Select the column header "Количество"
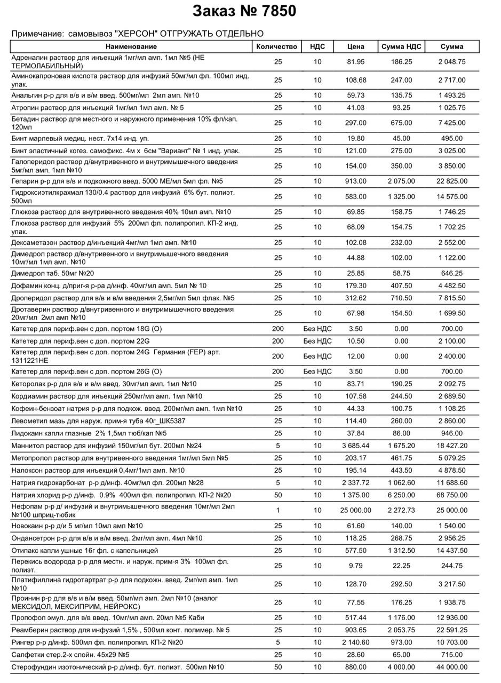point(276,46)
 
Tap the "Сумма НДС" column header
point(401,46)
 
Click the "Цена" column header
point(355,46)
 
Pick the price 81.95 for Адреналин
point(355,62)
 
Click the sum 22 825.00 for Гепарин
point(452,181)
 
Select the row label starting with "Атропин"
point(98,108)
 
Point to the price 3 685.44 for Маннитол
point(355,446)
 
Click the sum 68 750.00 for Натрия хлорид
point(452,495)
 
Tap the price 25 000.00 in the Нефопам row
point(355,511)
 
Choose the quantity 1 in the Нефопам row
point(278,511)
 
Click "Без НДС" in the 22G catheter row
point(317,341)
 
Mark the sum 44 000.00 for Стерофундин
point(452,667)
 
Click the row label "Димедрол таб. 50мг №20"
point(53,273)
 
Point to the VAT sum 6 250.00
point(401,495)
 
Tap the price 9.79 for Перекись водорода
point(355,566)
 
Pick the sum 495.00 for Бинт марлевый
point(452,138)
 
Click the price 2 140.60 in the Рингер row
point(355,642)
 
